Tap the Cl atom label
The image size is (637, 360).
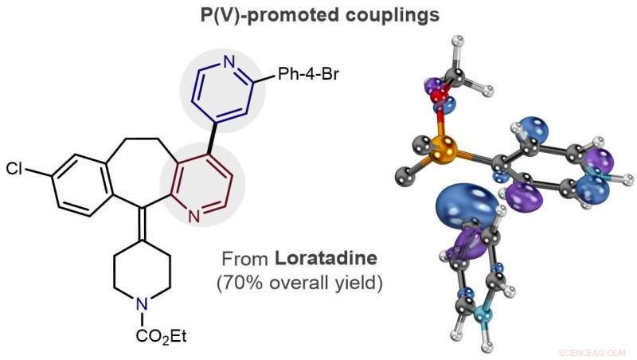[15, 169]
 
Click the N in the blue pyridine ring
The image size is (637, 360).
[229, 63]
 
